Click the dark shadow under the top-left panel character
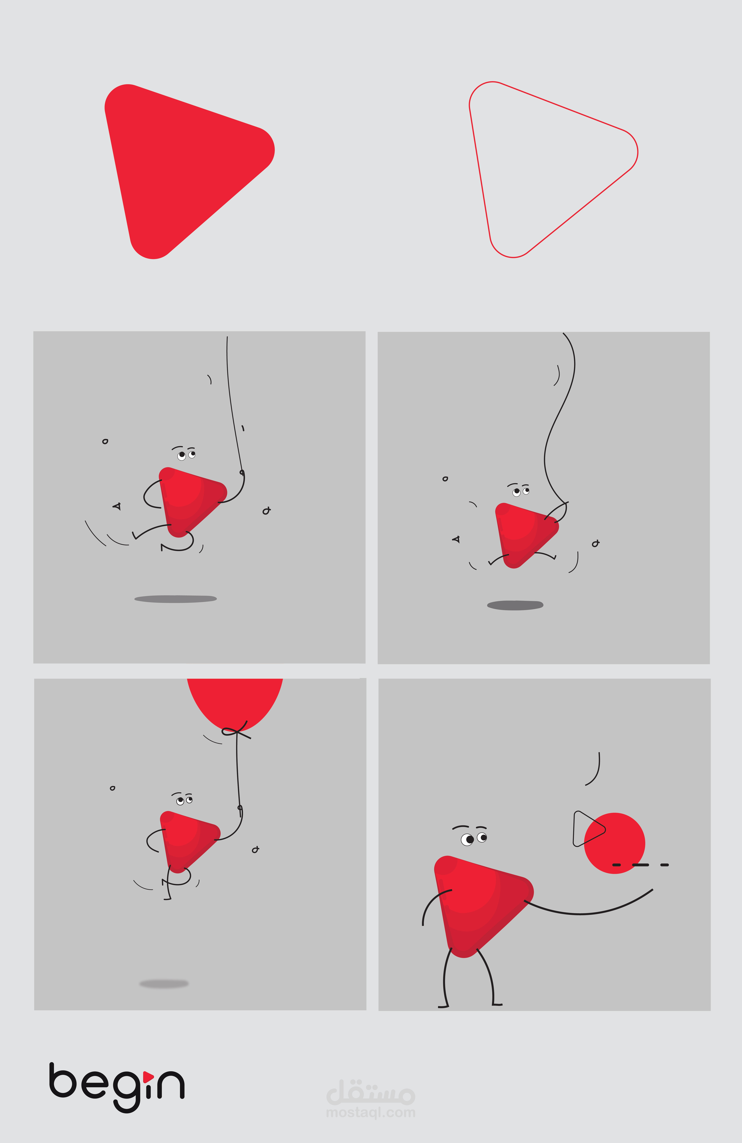(x=176, y=599)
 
